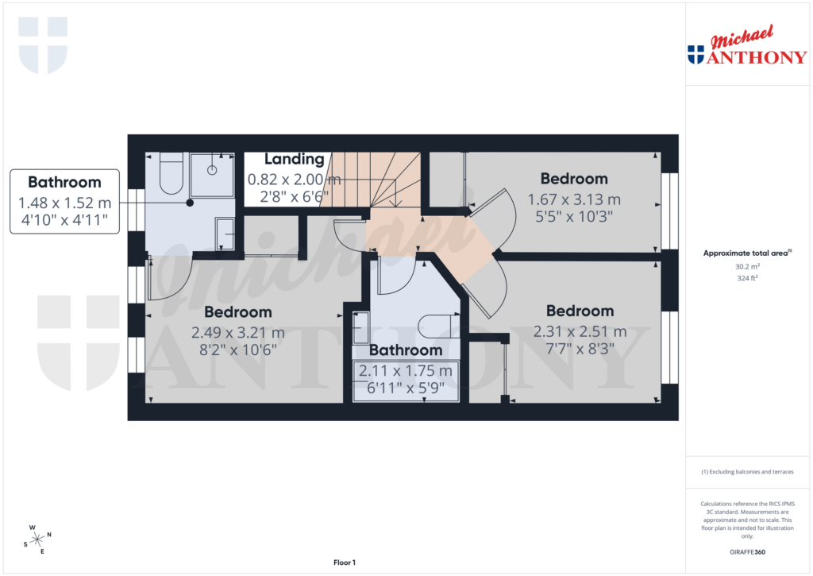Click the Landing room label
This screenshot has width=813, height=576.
point(294,160)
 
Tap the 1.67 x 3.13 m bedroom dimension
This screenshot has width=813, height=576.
point(574,199)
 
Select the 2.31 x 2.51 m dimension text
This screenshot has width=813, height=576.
point(580,331)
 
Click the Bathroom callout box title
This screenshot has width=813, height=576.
point(64,182)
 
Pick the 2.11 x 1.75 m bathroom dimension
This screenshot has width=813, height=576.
point(406,371)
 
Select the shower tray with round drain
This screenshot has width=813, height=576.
point(212,174)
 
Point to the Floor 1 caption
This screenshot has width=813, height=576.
point(345,562)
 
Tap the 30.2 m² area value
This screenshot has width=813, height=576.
point(746,267)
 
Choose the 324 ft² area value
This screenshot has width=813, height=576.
point(746,278)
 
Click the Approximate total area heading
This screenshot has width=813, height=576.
point(746,253)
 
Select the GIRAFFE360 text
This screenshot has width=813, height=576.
point(747,551)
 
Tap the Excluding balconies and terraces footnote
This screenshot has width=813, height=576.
point(747,472)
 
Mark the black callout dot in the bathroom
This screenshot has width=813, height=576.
point(190,203)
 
